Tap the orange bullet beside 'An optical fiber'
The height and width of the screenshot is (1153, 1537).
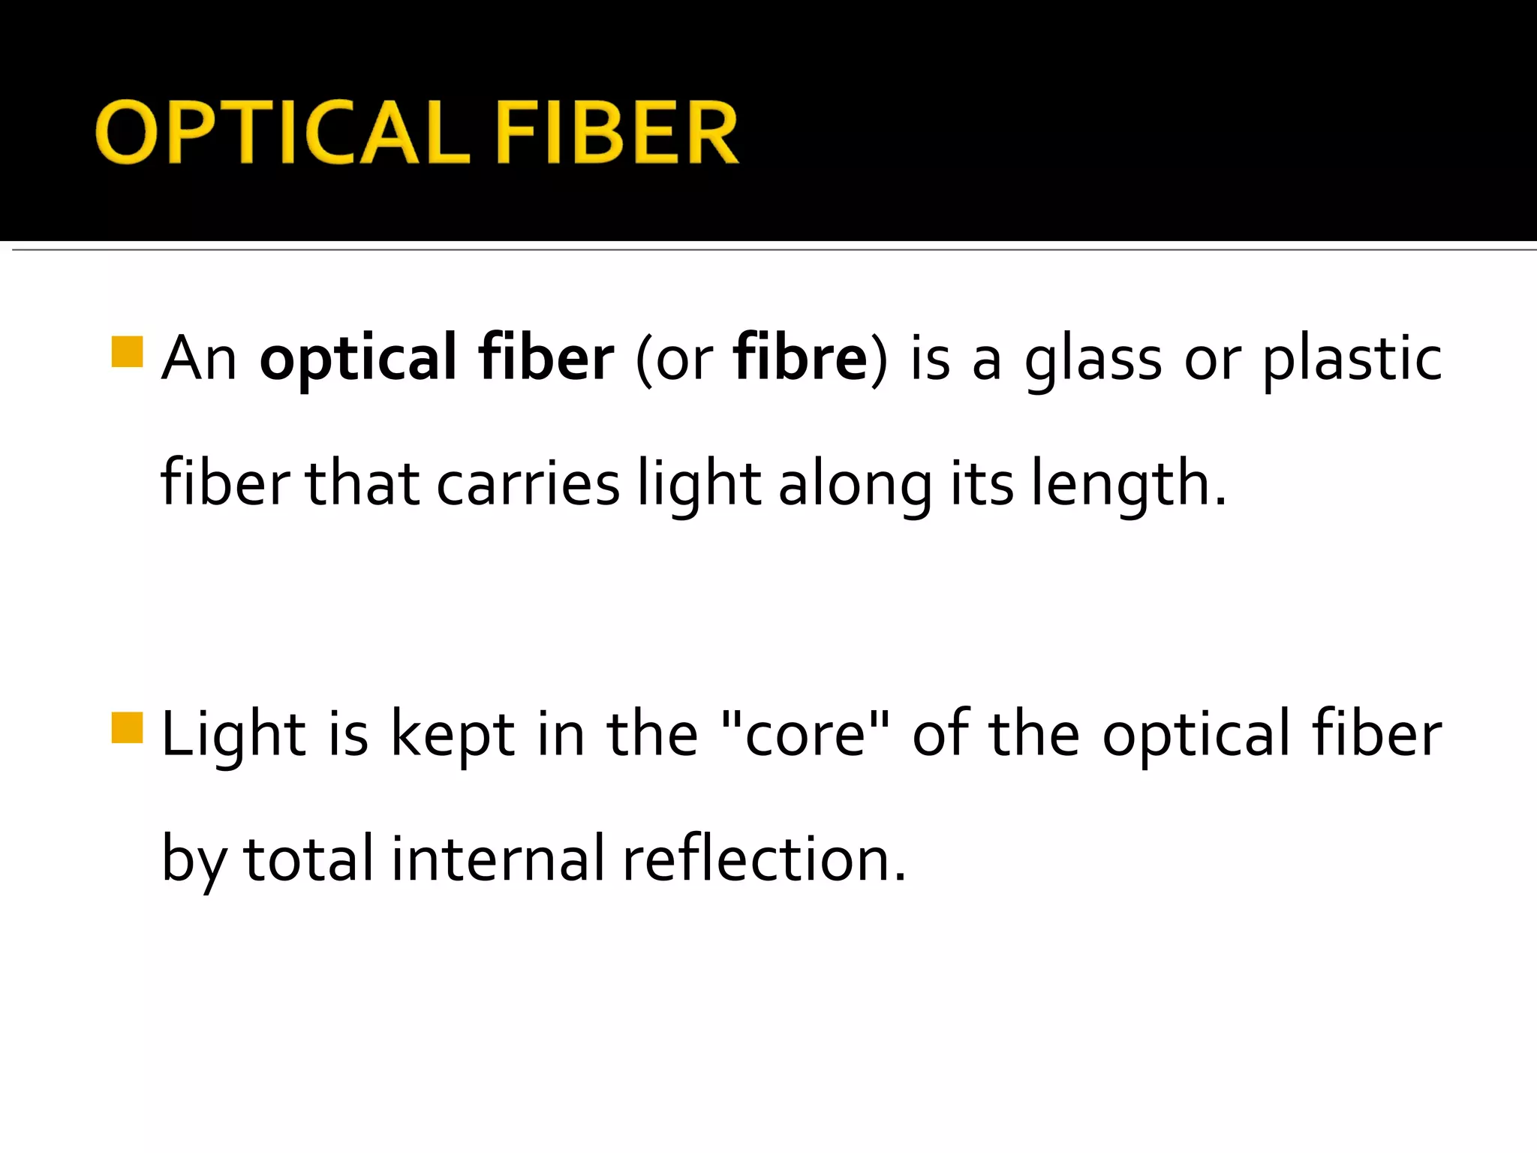[x=127, y=352]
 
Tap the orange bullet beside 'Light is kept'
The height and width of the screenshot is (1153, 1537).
[x=127, y=727]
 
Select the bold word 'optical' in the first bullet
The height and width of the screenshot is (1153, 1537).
[x=358, y=359]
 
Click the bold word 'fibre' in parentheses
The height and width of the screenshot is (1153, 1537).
[x=801, y=357]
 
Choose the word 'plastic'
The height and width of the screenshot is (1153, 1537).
[x=1352, y=359]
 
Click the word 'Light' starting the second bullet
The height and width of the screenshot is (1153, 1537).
[x=233, y=734]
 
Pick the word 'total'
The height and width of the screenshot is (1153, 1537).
[x=308, y=858]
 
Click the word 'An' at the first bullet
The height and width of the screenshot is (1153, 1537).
[x=199, y=359]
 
